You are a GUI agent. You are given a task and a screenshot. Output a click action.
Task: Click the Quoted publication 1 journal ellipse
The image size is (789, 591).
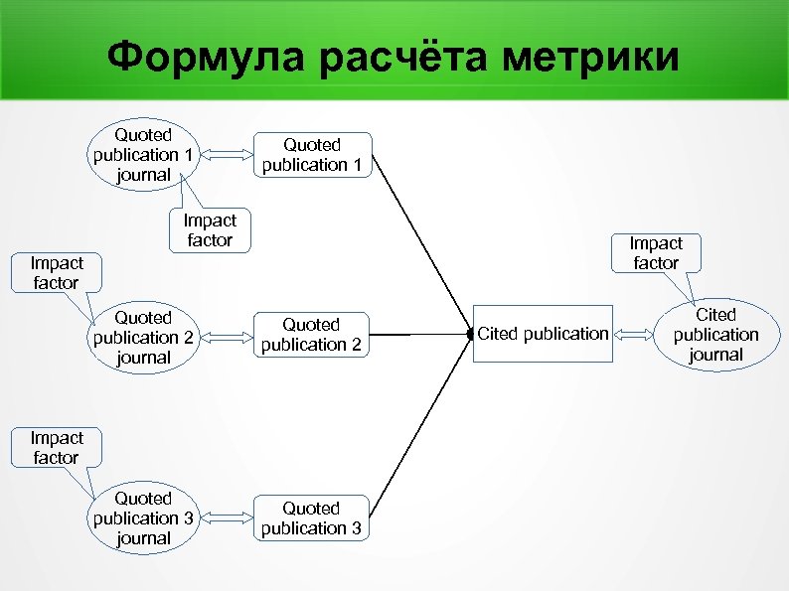(144, 155)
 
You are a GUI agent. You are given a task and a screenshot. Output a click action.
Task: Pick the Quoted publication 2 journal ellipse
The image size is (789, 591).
(144, 337)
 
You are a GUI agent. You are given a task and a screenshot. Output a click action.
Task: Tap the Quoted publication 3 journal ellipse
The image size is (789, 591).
(144, 517)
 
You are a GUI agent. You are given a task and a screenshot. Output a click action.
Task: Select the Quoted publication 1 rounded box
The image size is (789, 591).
(312, 155)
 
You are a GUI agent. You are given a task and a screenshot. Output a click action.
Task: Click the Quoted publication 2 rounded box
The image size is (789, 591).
(312, 335)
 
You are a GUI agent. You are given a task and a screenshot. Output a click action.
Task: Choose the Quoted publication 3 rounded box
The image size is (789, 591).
(312, 518)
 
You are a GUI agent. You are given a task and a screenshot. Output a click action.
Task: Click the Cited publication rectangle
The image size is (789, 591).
(544, 334)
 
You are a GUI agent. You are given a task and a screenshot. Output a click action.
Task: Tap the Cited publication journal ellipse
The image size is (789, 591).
(715, 335)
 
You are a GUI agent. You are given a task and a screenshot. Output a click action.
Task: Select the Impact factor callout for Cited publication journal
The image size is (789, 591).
(656, 253)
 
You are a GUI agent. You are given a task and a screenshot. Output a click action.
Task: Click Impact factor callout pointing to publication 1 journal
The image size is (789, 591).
(210, 230)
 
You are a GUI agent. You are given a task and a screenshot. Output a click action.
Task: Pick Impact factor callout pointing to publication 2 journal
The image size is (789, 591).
(56, 273)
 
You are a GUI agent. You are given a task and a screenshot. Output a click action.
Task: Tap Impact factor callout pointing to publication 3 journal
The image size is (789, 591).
(56, 448)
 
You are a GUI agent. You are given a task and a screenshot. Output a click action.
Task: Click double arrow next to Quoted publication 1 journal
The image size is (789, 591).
(229, 154)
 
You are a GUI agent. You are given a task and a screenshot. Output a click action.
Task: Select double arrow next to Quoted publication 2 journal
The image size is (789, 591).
(229, 336)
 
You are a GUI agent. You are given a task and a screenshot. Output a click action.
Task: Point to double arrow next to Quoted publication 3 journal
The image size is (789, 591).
(229, 517)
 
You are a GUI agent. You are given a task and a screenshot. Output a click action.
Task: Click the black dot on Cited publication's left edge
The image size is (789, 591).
(472, 334)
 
